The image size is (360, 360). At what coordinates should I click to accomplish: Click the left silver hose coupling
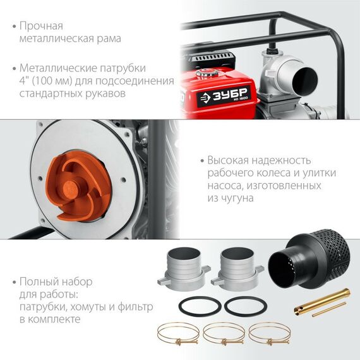(x=184, y=268)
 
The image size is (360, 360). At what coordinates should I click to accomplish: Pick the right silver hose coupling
(x=237, y=268)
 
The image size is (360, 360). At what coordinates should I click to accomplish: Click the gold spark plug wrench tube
(x=322, y=303)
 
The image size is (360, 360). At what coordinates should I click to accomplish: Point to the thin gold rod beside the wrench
(x=329, y=309)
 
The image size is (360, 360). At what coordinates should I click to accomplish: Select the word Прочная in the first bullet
(x=41, y=26)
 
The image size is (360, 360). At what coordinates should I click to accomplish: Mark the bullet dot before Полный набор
(x=15, y=282)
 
